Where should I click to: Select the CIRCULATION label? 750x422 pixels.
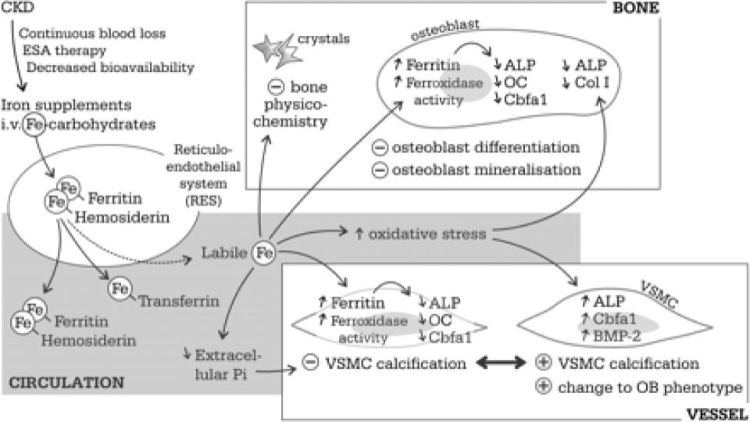coord(66,383)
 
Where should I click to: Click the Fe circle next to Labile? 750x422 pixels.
coord(265,252)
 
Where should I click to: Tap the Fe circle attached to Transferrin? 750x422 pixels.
coord(120,290)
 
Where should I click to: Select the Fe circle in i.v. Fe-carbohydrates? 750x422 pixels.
coord(34,123)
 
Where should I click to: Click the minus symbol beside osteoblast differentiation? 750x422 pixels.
coord(380,147)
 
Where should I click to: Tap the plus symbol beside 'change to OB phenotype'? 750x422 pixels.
coord(545,386)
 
